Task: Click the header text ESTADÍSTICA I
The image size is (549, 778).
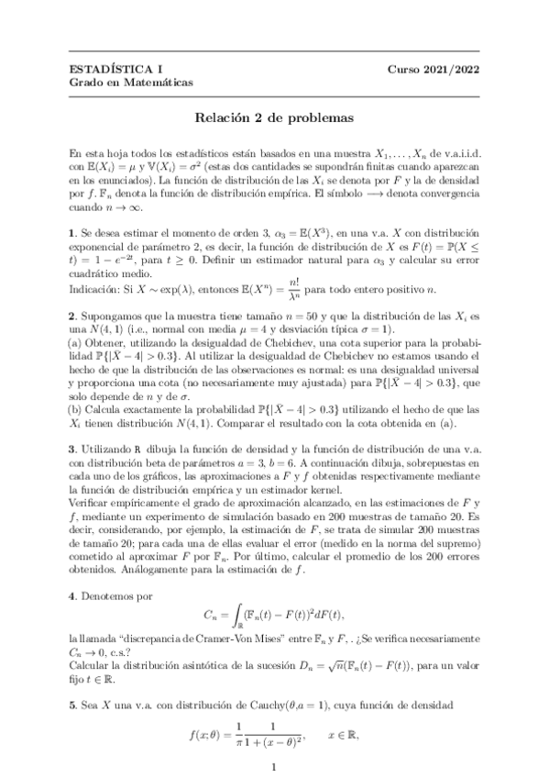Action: (x=112, y=69)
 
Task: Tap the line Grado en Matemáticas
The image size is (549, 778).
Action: (x=131, y=83)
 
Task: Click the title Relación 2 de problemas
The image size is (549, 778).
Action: (x=274, y=117)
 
